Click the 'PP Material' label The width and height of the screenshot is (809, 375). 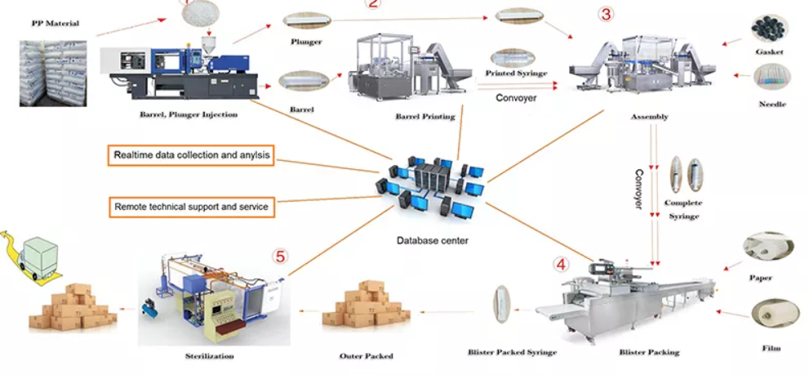(x=56, y=23)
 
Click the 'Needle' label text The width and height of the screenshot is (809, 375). (x=772, y=105)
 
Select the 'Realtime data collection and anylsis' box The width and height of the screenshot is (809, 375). (x=192, y=154)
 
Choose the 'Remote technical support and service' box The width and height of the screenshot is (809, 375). (x=192, y=207)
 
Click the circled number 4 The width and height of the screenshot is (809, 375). (x=561, y=265)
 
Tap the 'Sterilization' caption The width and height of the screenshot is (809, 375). (x=210, y=355)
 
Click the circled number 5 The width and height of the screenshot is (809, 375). (x=280, y=257)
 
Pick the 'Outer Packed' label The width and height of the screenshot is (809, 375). (x=366, y=355)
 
